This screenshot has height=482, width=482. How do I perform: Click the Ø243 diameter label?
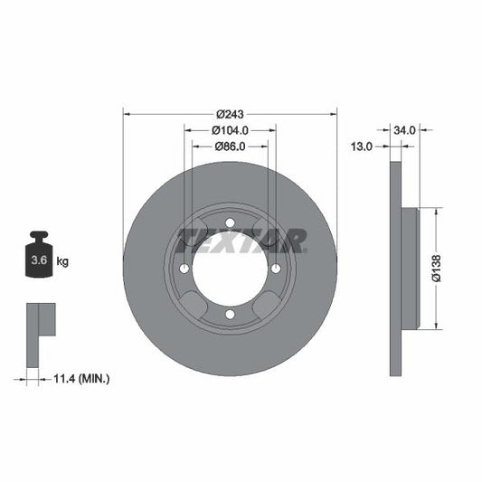coord(230,114)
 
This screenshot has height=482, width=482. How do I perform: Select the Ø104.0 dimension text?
coord(230,130)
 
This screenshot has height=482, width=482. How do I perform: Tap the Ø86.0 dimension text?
coord(230,146)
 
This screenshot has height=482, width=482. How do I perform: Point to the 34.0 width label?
coord(405,130)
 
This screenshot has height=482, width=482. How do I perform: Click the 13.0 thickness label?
coord(363,146)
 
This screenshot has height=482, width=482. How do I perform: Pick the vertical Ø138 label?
coord(436,269)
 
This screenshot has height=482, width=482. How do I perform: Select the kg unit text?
coord(63,261)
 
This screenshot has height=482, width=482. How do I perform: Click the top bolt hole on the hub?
coord(230,223)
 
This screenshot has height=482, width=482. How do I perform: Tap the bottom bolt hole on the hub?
coord(230,314)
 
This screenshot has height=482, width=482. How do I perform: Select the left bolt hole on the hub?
coord(184,269)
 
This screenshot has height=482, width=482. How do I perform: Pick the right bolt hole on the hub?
coord(275,269)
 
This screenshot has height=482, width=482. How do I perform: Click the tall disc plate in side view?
coord(394,269)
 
